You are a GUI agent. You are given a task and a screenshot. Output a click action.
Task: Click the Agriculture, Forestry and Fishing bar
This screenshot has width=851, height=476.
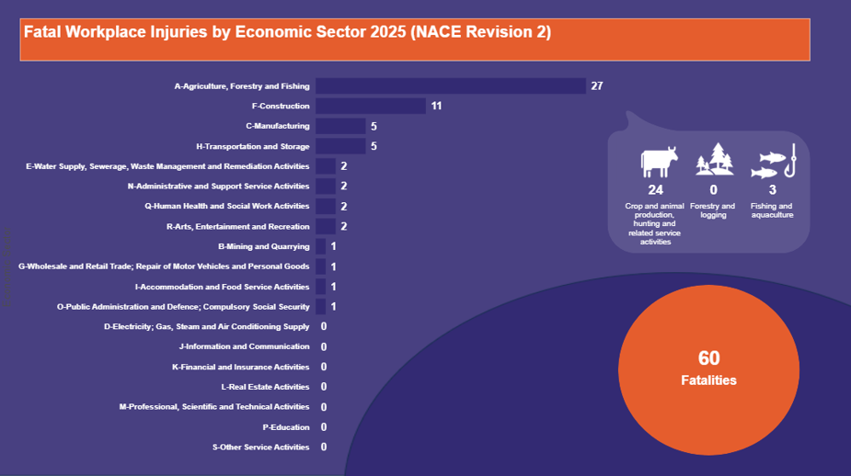point(451,86)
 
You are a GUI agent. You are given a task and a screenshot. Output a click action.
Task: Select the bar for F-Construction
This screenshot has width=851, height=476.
point(371,107)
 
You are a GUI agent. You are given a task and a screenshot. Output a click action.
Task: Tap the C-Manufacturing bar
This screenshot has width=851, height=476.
point(340,126)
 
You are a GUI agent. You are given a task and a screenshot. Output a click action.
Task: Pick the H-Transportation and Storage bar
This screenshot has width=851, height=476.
point(340,146)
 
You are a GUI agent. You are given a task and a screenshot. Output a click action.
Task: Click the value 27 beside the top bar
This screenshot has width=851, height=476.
point(597,86)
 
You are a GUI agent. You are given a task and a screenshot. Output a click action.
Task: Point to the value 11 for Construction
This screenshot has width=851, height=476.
point(437,107)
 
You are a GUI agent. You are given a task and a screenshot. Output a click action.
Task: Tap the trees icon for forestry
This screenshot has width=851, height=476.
point(714,160)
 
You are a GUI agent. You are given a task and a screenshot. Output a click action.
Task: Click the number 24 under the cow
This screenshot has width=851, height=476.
point(655,189)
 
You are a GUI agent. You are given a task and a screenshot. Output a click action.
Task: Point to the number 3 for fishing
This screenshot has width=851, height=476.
point(772,189)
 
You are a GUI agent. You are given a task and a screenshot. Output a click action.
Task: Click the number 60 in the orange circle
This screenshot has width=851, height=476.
point(708,358)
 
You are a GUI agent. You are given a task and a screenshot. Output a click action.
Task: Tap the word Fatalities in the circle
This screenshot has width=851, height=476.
point(708,380)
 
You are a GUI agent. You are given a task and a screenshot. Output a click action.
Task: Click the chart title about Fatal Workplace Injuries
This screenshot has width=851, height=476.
point(288,32)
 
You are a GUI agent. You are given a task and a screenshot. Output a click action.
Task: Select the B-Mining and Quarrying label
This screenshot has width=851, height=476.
point(264,246)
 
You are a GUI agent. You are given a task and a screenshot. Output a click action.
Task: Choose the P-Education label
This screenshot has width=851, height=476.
point(286,427)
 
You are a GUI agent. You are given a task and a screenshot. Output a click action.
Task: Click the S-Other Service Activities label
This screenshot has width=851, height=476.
point(261,448)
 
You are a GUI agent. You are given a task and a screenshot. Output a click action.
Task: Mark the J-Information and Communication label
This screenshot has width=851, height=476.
point(245,346)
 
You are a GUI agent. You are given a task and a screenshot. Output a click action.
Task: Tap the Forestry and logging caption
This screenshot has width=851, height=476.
point(714,210)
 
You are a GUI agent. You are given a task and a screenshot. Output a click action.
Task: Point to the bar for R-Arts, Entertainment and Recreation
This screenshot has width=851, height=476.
point(326,226)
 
